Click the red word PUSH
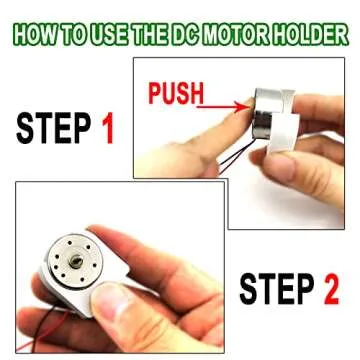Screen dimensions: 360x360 [175, 96]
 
